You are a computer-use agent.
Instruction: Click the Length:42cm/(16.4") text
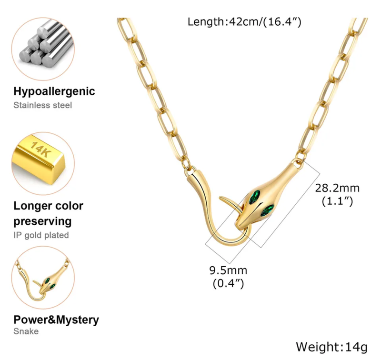[244, 21]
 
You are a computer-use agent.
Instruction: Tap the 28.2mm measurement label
[334, 188]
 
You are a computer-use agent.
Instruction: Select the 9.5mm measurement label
[228, 271]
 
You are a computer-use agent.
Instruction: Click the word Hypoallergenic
[54, 91]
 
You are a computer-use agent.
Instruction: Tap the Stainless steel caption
[43, 104]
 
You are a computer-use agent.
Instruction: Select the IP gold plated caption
[41, 235]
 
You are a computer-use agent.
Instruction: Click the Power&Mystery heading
[56, 319]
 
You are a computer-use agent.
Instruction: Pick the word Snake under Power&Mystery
[26, 331]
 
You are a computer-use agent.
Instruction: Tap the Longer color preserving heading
[48, 214]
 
